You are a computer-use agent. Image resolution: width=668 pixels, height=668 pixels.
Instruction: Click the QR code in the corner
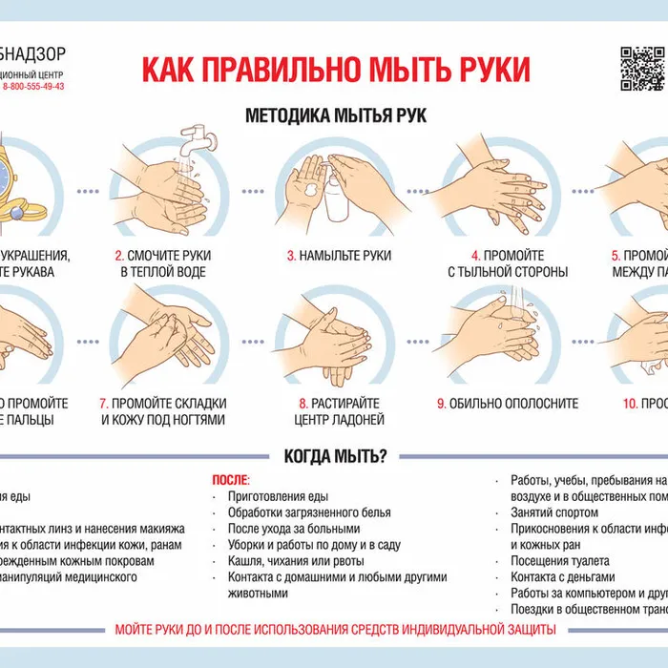pyautogui.click(x=642, y=69)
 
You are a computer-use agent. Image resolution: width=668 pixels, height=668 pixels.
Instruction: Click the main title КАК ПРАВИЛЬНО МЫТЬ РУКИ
pyautogui.click(x=336, y=70)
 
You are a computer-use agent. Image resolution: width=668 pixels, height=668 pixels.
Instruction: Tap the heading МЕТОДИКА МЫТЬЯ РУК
pyautogui.click(x=336, y=115)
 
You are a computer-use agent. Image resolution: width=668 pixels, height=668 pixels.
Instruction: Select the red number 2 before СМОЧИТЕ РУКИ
pyautogui.click(x=119, y=256)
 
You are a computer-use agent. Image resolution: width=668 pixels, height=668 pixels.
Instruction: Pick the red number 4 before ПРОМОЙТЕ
pyautogui.click(x=475, y=256)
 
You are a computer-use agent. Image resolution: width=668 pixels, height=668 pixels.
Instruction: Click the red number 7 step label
pyautogui.click(x=103, y=403)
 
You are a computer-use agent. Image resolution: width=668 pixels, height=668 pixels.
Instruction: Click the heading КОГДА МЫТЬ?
pyautogui.click(x=335, y=456)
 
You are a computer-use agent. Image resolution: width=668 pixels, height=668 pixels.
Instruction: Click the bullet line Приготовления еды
pyautogui.click(x=278, y=496)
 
